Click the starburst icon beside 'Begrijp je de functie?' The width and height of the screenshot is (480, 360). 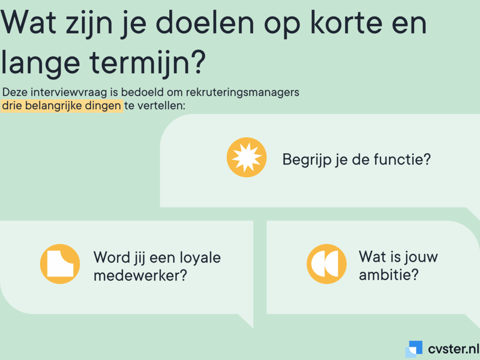coord(247,157)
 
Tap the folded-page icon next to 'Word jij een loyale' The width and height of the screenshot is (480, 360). coord(60,264)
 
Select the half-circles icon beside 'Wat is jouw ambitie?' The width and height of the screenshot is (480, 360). coord(327,264)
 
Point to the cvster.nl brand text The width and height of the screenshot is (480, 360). coord(453,349)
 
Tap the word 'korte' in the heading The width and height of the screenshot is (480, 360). coord(346,23)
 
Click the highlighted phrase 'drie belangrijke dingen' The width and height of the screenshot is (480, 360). coord(61,105)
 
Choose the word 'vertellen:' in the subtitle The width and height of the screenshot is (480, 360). coord(161,105)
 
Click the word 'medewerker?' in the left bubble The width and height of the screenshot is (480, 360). coord(140,275)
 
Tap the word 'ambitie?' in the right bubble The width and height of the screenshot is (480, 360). coord(389,275)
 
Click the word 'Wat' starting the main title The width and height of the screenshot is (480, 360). coord(29,23)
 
